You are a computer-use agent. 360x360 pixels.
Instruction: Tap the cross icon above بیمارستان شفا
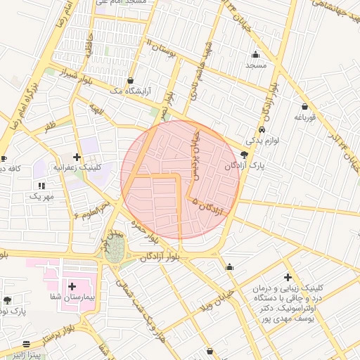coord(72,286)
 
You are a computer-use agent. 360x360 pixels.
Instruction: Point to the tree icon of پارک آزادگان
coord(244,155)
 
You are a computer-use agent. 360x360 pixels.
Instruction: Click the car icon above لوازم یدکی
coord(262,130)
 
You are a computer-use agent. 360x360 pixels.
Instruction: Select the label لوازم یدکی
coord(264,141)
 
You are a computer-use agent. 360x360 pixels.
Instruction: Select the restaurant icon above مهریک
coord(41,186)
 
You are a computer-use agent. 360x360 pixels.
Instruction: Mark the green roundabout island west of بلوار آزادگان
coord(115,248)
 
